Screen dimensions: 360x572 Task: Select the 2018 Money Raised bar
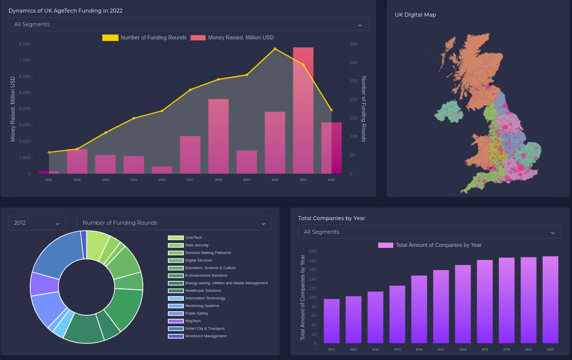[x=218, y=136]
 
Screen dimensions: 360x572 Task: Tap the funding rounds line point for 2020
[x=275, y=49]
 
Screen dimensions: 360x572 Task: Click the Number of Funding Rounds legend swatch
[x=110, y=38]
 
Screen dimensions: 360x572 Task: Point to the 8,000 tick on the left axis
[x=25, y=44]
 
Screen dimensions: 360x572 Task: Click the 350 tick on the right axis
[x=353, y=44]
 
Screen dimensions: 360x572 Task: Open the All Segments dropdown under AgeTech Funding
[x=188, y=24]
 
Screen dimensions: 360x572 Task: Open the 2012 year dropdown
[x=37, y=223]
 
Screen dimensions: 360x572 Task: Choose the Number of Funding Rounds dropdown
[x=174, y=223]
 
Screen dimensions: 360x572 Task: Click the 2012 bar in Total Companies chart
[x=332, y=321]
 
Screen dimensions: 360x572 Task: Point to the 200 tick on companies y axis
[x=313, y=251]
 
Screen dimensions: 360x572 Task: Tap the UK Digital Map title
[x=415, y=15]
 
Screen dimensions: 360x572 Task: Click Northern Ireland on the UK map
[x=448, y=112]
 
